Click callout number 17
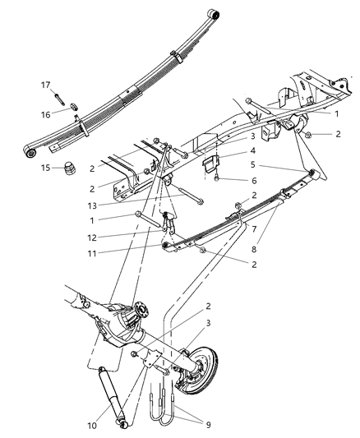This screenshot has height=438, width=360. point(47,85)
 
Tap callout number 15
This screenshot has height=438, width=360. point(47,168)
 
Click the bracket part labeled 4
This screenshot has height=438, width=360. point(213,162)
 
